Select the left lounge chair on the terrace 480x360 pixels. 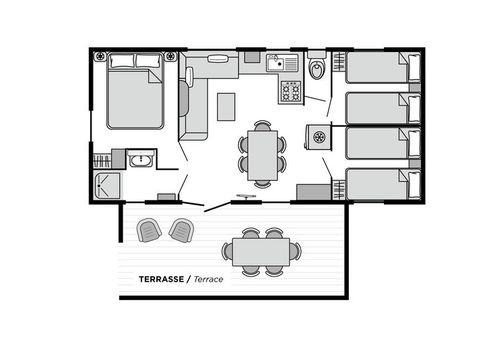coord(148,230)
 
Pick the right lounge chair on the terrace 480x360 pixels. coord(182,230)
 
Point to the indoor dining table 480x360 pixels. coord(262,154)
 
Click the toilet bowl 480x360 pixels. coord(316,70)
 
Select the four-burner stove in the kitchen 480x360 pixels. coord(291,91)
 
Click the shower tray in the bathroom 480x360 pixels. coord(105,185)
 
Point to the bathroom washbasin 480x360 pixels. coord(139,159)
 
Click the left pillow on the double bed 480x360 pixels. coord(121,62)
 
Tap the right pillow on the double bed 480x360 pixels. coord(148,62)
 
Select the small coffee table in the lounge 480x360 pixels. coord(226,105)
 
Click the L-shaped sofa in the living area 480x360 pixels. coord(192,100)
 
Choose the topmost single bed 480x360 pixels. coord(378,68)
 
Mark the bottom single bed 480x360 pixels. coord(378,185)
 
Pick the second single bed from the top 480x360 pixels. coord(378,108)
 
